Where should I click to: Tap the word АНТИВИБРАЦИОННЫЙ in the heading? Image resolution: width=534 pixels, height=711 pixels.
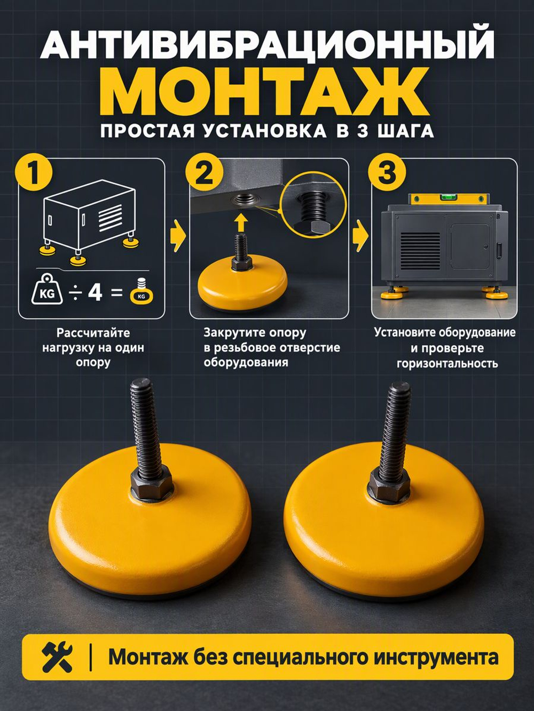click(x=266, y=47)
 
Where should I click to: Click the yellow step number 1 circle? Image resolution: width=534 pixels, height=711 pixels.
click(x=34, y=177)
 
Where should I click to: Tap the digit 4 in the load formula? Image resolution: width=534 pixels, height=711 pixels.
click(x=95, y=292)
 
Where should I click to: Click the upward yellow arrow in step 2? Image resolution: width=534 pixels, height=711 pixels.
click(x=241, y=223)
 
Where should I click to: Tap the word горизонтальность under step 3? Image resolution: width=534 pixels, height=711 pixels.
click(x=447, y=363)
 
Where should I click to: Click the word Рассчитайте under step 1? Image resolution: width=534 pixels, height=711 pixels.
click(x=93, y=333)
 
